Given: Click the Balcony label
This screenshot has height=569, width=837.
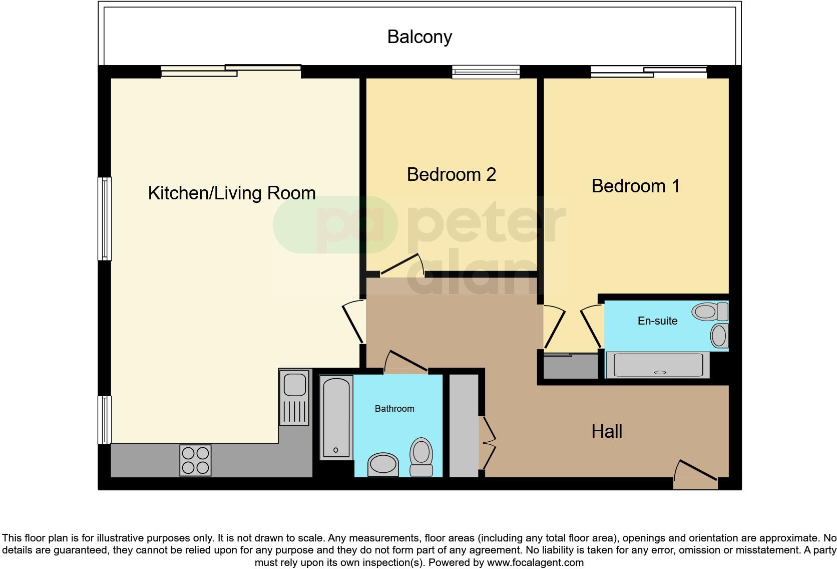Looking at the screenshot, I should [420, 37].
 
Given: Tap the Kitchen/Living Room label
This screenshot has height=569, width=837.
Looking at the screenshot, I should [232, 193].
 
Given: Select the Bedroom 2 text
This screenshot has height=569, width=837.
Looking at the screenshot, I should [451, 174].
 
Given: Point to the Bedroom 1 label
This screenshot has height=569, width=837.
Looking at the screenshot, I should [635, 186].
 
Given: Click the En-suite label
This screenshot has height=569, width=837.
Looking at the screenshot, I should [657, 321].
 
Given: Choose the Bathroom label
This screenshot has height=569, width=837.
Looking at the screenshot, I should [394, 409].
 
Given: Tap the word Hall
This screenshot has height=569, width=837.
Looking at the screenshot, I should [607, 431].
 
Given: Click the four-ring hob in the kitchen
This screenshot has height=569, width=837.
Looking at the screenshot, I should [195, 460].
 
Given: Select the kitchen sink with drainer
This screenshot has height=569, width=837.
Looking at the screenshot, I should [295, 398].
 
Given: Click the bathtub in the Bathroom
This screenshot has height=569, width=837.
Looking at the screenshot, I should [336, 418].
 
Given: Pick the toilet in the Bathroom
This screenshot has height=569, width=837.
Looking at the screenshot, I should [421, 456].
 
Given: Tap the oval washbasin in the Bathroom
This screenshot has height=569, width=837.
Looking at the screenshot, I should [382, 463].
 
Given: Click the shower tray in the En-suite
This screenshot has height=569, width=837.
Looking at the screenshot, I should [658, 365].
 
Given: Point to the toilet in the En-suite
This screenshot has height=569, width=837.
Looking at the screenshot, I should [710, 312].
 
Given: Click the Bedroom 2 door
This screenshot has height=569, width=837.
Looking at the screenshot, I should [402, 265].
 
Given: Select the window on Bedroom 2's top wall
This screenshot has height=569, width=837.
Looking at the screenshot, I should [486, 73].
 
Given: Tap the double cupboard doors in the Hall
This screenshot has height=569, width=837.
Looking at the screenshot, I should [489, 442].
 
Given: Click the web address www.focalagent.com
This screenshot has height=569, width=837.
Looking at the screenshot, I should [535, 562].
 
